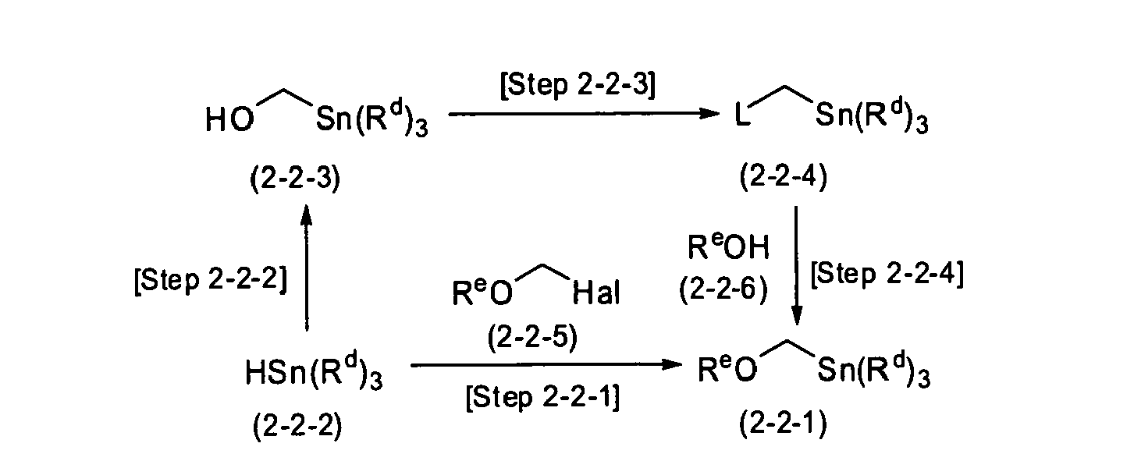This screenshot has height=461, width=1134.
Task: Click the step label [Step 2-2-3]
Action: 578,84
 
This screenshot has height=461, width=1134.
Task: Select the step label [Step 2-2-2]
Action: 211,279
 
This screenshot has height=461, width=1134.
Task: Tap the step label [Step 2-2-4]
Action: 887,275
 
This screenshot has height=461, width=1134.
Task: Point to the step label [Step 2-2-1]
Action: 542,397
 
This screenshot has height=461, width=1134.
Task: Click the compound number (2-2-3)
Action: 295,179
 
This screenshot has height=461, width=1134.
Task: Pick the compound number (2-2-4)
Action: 783,176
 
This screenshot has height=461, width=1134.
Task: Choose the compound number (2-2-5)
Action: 532,338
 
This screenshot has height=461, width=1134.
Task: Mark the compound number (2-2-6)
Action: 723,290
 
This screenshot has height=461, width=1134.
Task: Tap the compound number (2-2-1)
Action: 783,423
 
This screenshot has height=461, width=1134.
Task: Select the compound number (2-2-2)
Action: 297,426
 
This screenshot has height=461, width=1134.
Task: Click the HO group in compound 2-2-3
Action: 229,120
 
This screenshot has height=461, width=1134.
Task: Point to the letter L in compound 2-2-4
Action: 743,116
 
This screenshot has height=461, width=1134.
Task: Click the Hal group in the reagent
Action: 595,293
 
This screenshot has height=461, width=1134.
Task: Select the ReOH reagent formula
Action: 728,247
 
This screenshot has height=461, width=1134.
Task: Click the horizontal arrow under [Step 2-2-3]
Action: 584,114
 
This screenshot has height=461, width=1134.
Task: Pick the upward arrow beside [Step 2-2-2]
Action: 306,268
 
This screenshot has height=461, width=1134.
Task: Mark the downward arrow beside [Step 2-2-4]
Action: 796,266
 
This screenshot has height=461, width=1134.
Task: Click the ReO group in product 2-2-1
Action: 727,370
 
